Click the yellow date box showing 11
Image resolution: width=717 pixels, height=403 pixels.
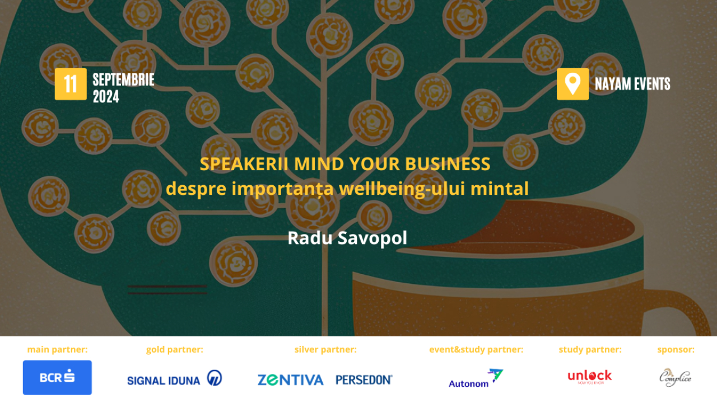tap(71, 84)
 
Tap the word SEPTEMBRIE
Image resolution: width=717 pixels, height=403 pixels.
tap(123, 80)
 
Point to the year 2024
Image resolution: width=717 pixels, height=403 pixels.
tap(106, 97)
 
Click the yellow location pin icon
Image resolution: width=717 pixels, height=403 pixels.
tap(572, 84)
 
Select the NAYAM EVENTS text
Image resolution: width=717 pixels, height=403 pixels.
tap(632, 84)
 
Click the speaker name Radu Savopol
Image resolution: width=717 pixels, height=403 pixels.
tap(347, 238)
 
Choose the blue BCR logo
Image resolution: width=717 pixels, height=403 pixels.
tap(57, 377)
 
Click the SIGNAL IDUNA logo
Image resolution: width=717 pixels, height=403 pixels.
tap(174, 379)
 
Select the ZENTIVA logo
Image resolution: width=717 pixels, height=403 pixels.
tap(290, 379)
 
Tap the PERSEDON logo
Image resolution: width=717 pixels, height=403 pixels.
tap(364, 379)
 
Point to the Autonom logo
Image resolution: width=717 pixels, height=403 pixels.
tap(476, 378)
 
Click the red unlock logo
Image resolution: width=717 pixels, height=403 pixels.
tap(589, 377)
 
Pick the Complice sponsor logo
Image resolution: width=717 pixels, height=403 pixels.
tap(675, 377)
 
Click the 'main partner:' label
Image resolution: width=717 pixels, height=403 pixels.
tap(57, 350)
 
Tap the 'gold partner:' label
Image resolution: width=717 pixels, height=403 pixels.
tap(174, 350)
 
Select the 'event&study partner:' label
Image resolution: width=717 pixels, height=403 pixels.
tap(476, 350)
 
